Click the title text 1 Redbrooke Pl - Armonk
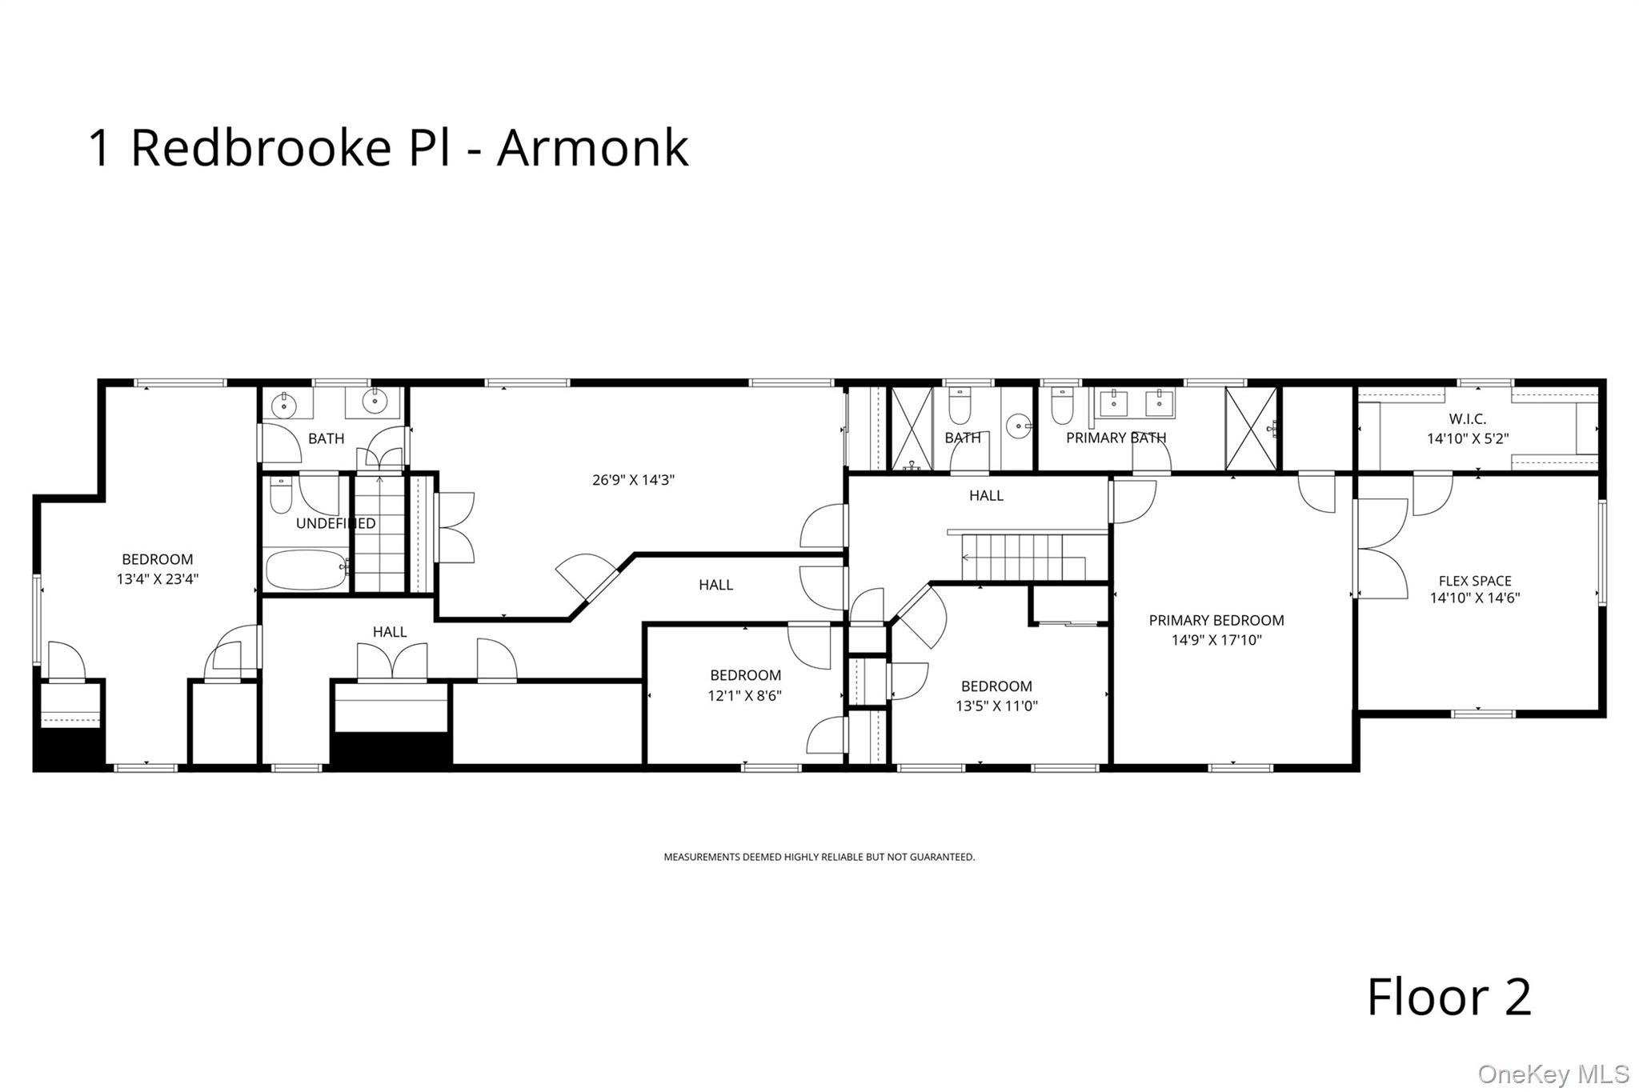coord(388,148)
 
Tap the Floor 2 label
coord(1449,997)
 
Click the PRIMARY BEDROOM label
coord(1216,621)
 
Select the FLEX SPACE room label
coord(1475,582)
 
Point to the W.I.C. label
coord(1468,419)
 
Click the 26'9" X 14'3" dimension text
coord(633,481)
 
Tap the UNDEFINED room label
coord(335,524)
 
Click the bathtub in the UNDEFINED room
coord(307,569)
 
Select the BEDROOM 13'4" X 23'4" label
coord(158,569)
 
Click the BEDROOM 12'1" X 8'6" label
coord(745,686)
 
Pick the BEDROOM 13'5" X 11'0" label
coord(996,696)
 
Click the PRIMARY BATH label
coord(1116,438)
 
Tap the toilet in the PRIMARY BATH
coord(1062,406)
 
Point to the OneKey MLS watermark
coord(1553,1074)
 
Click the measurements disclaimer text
coord(819,857)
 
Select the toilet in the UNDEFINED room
coord(281,495)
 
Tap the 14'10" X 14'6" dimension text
coord(1475,598)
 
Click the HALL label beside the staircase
coord(986,496)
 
